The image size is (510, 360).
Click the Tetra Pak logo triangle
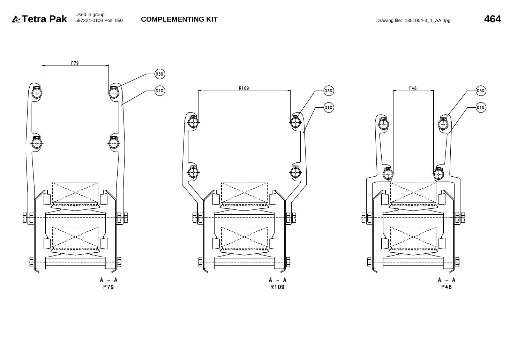click(x=16, y=19)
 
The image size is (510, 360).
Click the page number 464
click(x=493, y=19)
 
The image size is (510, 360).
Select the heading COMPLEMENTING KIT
click(x=179, y=19)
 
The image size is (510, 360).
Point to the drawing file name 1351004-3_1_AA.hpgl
click(x=428, y=21)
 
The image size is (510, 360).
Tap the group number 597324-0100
click(x=89, y=21)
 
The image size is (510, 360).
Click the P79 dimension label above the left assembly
click(x=75, y=63)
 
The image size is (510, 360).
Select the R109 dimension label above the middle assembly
click(x=244, y=88)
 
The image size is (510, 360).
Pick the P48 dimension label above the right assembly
click(x=413, y=88)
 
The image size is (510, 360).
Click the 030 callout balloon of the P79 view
click(x=160, y=74)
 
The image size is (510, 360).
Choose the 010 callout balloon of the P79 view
click(x=160, y=91)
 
